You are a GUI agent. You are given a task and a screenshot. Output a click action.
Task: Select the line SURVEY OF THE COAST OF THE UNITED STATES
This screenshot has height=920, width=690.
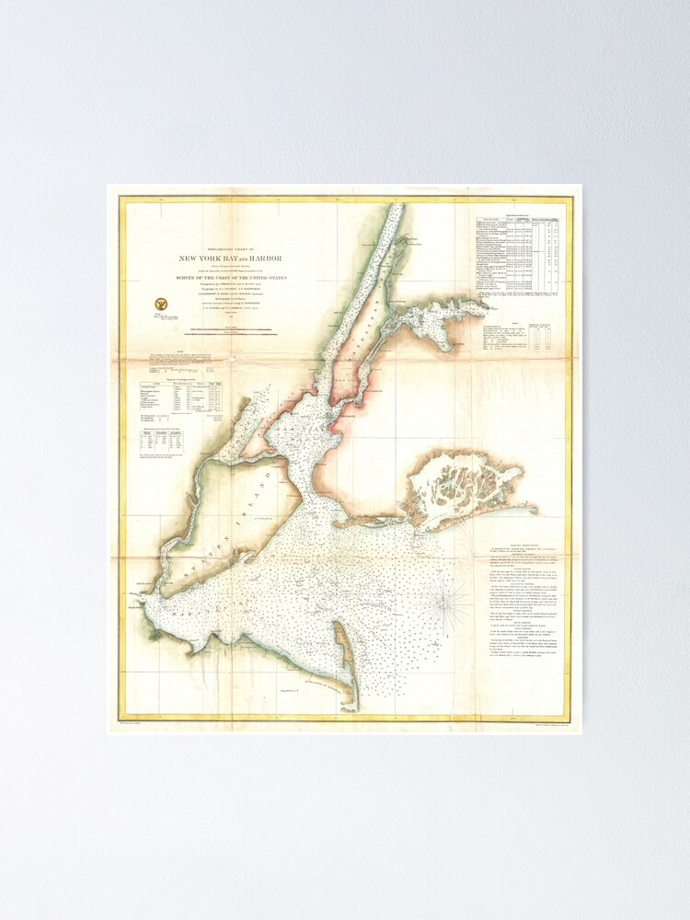coord(226,277)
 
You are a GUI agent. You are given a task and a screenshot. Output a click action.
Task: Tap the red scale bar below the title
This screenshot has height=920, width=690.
coord(226,332)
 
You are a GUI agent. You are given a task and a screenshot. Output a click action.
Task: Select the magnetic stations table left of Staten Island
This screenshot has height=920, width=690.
coord(180,398)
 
